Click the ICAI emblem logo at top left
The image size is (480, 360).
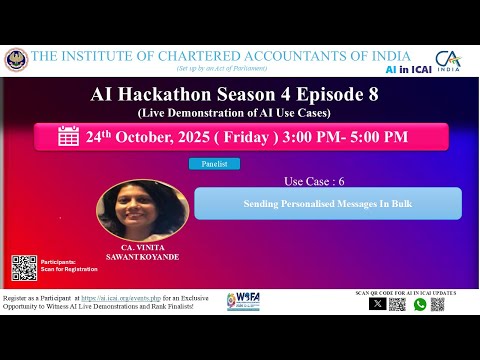coord(17,60)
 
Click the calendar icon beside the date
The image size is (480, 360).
coord(69,137)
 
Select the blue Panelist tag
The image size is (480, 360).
coord(215,164)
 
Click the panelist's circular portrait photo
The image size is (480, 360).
coord(142,208)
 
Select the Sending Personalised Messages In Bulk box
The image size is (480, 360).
coord(328,203)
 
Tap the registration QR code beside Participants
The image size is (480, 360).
coord(25,267)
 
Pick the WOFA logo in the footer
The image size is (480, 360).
coord(244,301)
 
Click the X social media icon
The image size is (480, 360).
coord(377,304)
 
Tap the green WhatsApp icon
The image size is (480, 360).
coord(420,304)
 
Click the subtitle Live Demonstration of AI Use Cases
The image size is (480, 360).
coord(240,114)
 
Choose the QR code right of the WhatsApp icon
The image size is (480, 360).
coord(439,304)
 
